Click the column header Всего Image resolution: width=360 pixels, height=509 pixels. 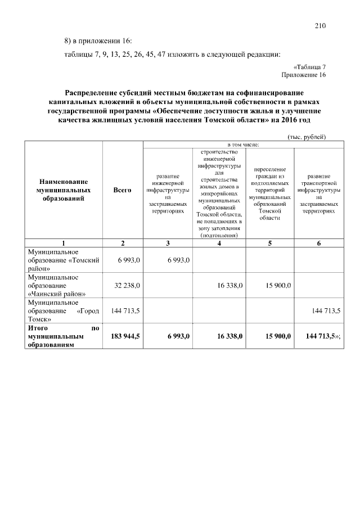tap(122, 191)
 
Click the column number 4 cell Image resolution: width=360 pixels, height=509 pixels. tap(219, 243)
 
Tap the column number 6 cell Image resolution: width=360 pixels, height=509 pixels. tap(319, 243)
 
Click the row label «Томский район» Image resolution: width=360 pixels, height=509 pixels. tap(64, 260)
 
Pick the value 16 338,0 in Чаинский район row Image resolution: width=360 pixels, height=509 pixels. tap(229, 286)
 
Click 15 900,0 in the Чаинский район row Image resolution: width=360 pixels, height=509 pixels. tap(278, 286)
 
